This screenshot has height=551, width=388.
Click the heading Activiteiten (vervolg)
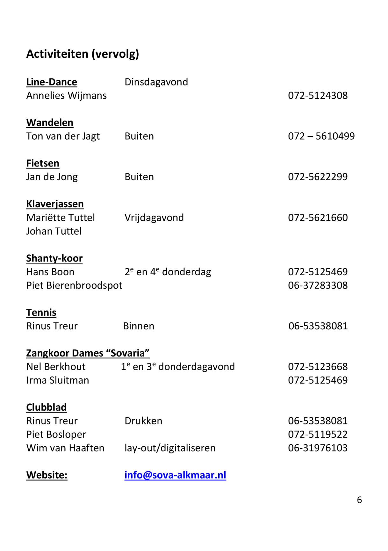[83, 54]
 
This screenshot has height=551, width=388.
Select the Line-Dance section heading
[52, 82]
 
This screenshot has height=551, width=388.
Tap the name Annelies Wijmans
[66, 96]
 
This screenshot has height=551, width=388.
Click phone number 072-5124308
[318, 96]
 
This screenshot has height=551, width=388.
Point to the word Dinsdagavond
[156, 82]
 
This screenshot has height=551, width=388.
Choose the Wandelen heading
[50, 123]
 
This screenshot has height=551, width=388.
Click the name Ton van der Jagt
[63, 136]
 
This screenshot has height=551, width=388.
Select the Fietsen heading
[43, 163]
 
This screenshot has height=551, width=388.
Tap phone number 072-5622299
[318, 177]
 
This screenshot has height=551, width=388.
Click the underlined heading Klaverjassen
[55, 204]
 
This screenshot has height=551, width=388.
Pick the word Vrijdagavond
[154, 218]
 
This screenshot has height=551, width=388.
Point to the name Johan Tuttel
[54, 231]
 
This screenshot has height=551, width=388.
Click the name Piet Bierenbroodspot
[74, 285]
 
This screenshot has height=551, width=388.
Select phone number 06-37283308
[318, 285]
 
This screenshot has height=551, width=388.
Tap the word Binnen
[139, 326]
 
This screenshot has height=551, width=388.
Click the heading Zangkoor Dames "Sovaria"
[88, 353]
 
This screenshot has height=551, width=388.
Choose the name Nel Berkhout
[56, 367]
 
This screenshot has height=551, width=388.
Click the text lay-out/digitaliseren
[170, 448]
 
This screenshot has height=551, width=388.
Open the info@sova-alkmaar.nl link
[175, 475]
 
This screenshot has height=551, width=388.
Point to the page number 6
[359, 500]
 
